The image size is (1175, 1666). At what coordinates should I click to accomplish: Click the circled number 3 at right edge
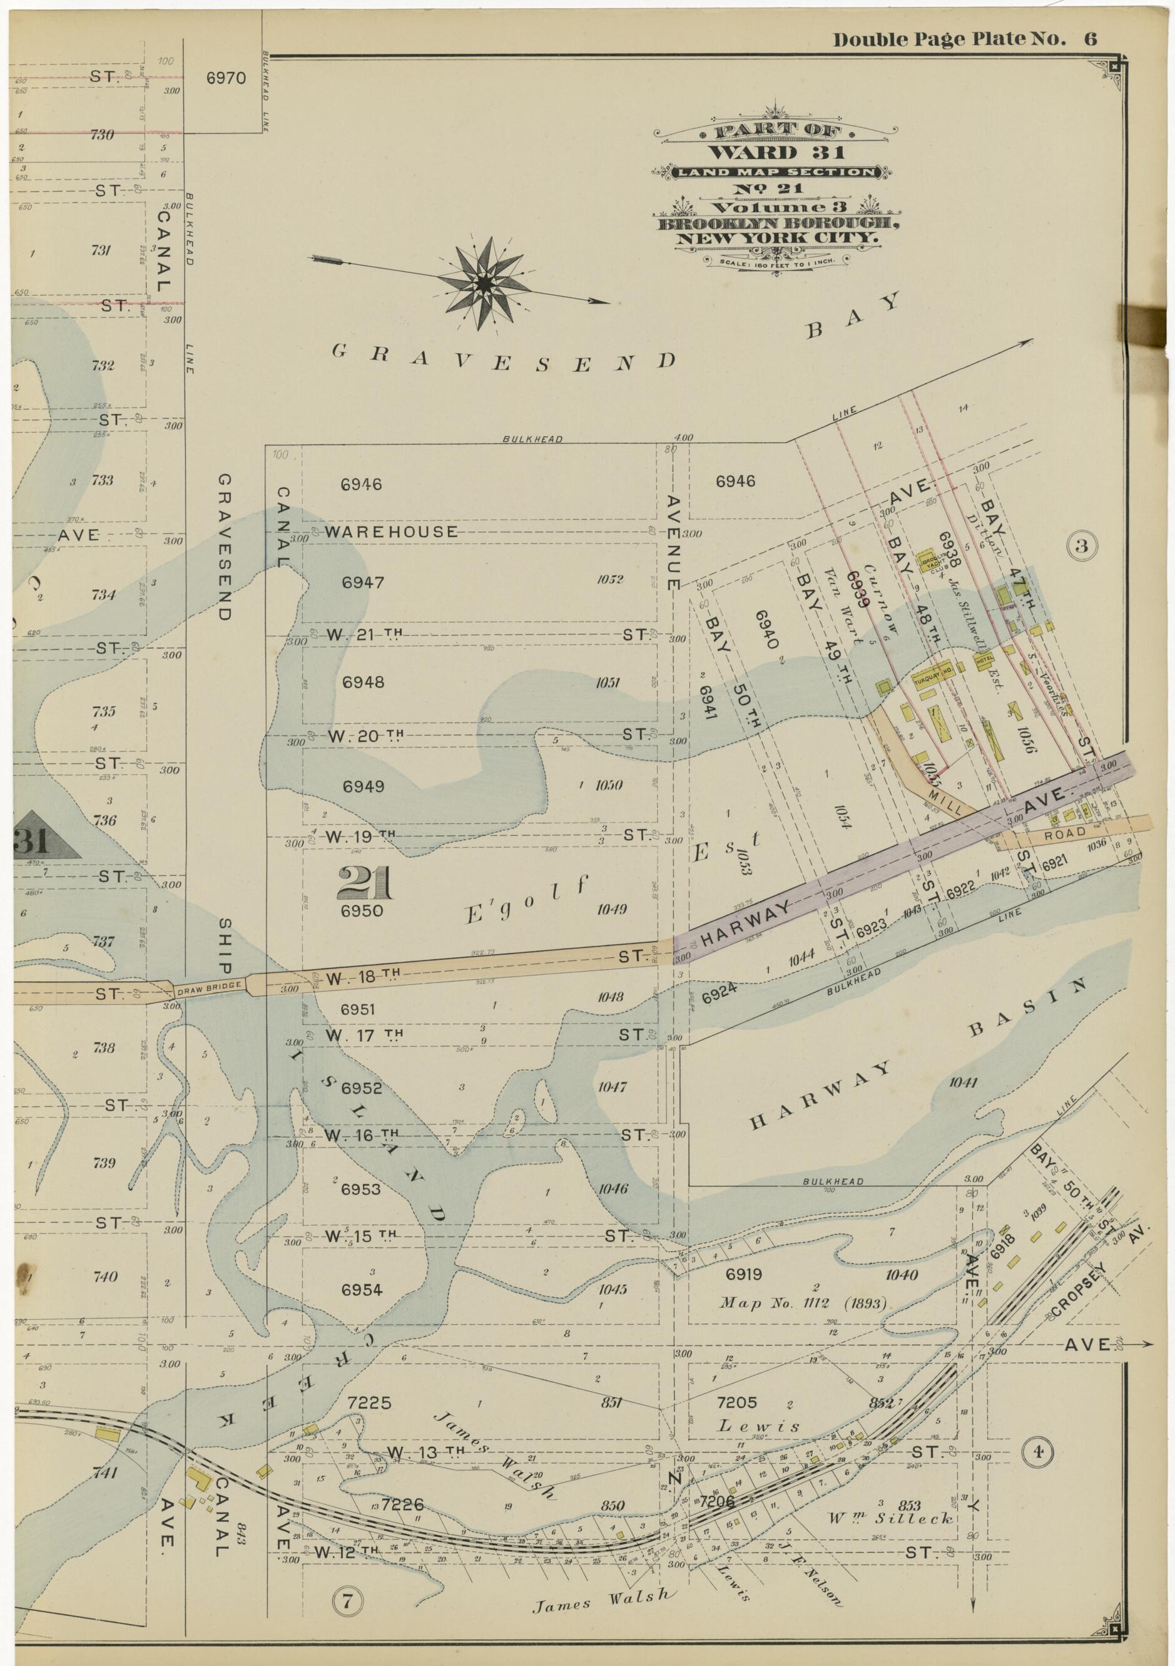click(1081, 547)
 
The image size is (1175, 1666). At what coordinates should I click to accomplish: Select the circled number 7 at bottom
click(347, 1575)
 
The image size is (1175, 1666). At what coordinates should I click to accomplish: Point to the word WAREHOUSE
click(391, 532)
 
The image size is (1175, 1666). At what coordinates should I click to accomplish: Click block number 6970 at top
click(226, 78)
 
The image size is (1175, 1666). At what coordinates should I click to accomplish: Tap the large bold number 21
click(365, 884)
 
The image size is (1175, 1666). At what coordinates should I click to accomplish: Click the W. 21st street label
click(364, 634)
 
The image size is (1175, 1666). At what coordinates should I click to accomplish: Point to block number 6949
click(364, 786)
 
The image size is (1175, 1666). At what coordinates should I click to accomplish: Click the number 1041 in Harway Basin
click(963, 1083)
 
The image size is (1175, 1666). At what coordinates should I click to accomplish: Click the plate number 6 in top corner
click(1090, 39)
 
